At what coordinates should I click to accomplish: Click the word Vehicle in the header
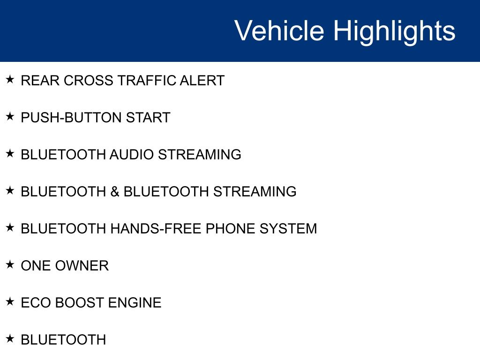click(x=279, y=30)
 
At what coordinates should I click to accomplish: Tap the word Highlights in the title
click(x=394, y=32)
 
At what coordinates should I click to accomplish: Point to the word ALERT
click(x=202, y=81)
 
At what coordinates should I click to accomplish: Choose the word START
click(x=148, y=118)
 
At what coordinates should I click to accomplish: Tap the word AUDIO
click(x=132, y=155)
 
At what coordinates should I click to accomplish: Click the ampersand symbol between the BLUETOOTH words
click(x=115, y=192)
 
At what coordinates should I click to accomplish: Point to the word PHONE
click(x=231, y=229)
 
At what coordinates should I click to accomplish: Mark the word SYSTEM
click(x=288, y=229)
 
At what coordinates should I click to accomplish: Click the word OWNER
click(x=82, y=266)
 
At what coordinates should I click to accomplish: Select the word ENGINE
click(x=135, y=303)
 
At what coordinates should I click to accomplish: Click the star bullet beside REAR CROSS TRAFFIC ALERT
click(x=10, y=79)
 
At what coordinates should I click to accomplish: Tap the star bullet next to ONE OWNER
click(x=10, y=264)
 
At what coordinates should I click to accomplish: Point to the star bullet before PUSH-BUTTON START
click(x=10, y=116)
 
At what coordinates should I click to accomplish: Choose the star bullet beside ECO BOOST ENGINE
click(x=10, y=301)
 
